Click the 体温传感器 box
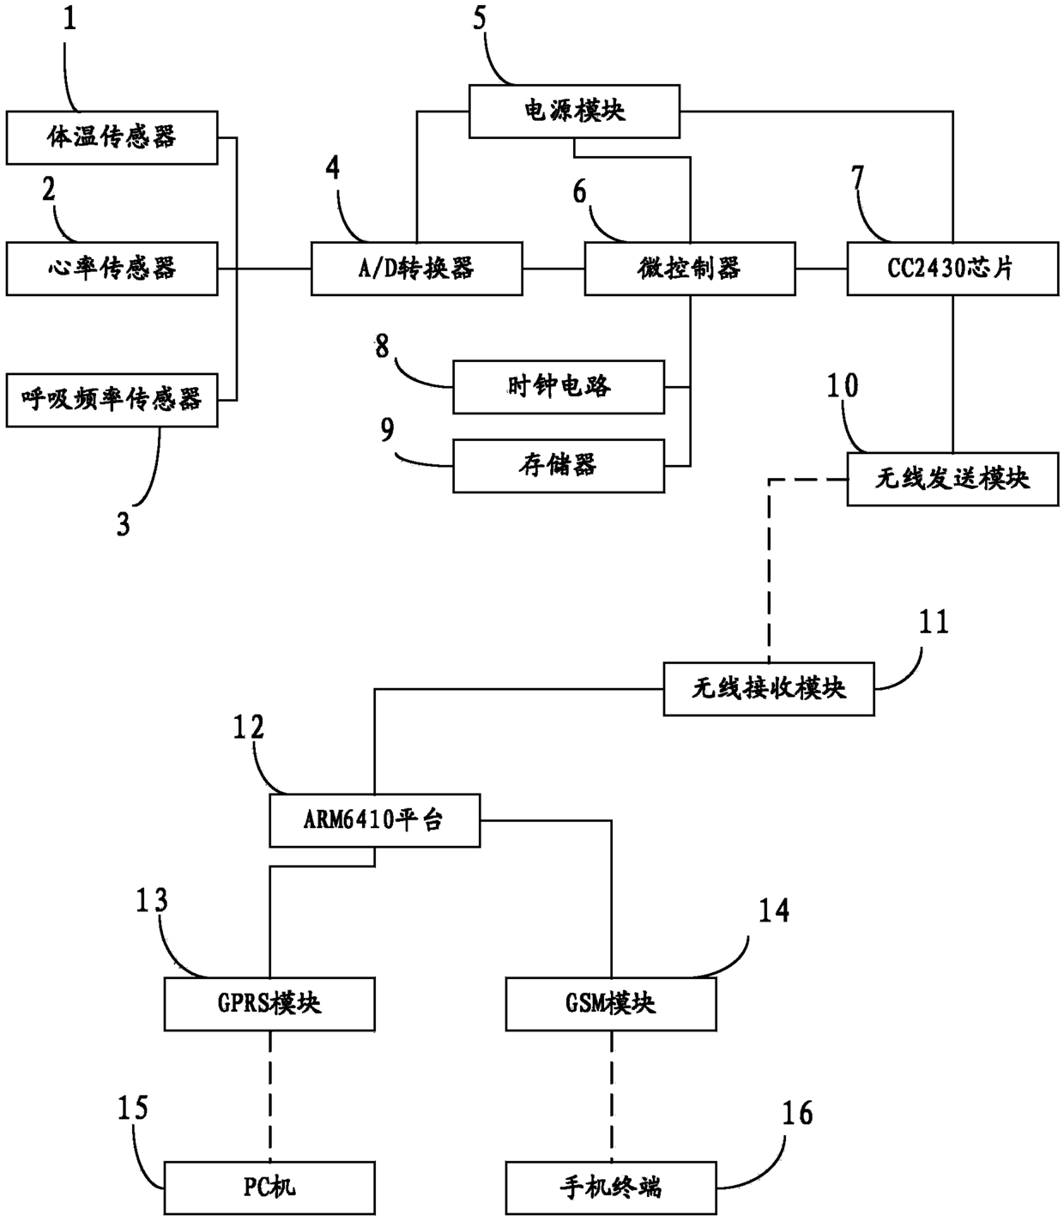(112, 137)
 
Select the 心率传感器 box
(112, 269)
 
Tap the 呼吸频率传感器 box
(112, 400)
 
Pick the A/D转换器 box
(417, 269)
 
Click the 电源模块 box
(574, 112)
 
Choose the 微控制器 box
(690, 269)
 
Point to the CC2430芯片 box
(953, 269)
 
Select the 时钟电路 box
(559, 387)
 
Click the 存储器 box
(559, 466)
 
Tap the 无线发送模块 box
(953, 479)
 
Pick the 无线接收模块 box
(769, 689)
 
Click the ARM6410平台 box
(375, 820)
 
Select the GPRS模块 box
(269, 1005)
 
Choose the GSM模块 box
(611, 1005)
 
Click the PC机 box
(269, 1188)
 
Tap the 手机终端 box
(611, 1188)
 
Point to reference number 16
(797, 1113)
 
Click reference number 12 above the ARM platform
(248, 728)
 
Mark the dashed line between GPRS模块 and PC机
(269, 1097)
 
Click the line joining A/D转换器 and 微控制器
(553, 269)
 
